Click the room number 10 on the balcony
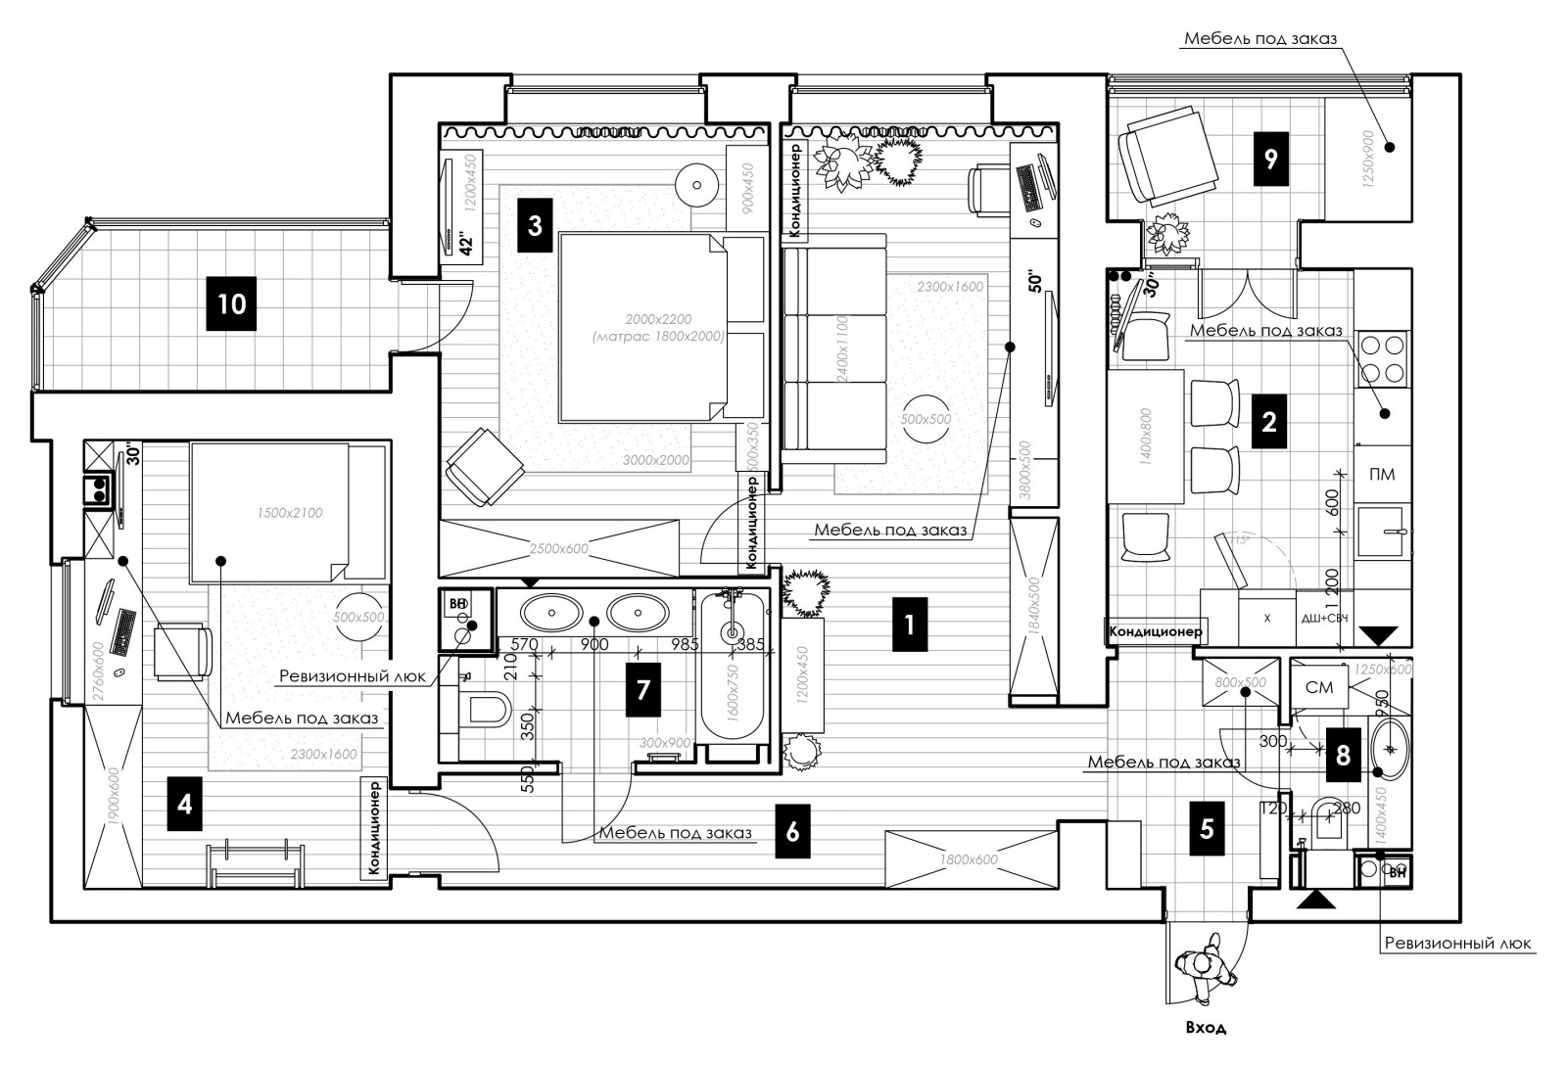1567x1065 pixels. pyautogui.click(x=231, y=302)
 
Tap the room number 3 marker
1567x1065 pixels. pyautogui.click(x=534, y=226)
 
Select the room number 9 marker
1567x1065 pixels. pyautogui.click(x=1270, y=159)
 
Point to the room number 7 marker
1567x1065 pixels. pyautogui.click(x=642, y=689)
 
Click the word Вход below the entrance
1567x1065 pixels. pyautogui.click(x=1205, y=1028)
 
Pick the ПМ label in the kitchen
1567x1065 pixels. pyautogui.click(x=1382, y=475)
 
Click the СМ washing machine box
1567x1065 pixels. pyautogui.click(x=1319, y=687)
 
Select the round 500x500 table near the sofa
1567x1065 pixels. pyautogui.click(x=926, y=419)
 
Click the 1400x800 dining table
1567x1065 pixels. pyautogui.click(x=1147, y=436)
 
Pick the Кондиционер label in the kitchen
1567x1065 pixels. pyautogui.click(x=1155, y=631)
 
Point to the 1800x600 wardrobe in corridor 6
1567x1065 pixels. pyautogui.click(x=969, y=859)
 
